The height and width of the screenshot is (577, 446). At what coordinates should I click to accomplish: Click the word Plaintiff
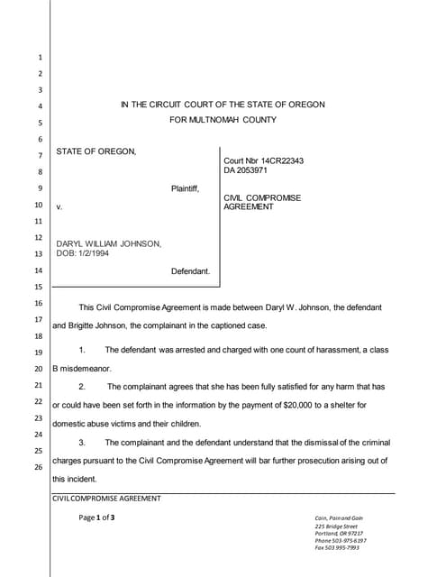point(185,188)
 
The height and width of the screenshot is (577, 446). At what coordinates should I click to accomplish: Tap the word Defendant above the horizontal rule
point(190,270)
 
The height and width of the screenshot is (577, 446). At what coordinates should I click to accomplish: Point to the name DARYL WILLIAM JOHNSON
point(109,243)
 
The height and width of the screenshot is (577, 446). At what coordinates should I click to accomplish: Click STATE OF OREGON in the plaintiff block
point(96,151)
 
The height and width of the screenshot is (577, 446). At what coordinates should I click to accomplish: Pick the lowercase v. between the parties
point(59,206)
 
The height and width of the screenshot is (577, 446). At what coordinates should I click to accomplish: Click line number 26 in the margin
point(39,467)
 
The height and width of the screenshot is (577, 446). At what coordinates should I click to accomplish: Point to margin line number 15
point(39,287)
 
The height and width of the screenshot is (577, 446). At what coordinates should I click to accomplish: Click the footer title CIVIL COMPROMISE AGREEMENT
point(107,498)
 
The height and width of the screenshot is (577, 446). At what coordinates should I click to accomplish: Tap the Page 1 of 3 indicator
point(97,517)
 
